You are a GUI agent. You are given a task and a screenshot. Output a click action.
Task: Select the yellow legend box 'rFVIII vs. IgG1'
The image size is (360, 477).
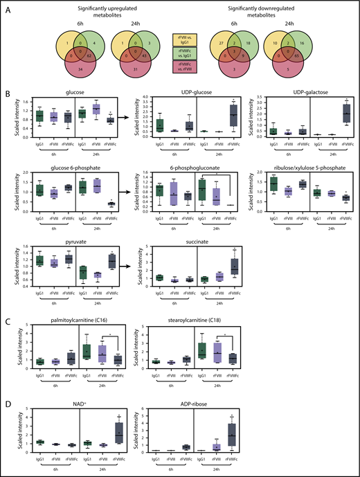point(179,42)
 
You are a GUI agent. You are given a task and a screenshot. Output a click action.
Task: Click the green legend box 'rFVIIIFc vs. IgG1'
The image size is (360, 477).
point(179,54)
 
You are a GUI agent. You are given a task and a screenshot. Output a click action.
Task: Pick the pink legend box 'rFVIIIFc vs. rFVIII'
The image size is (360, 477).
point(179,66)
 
